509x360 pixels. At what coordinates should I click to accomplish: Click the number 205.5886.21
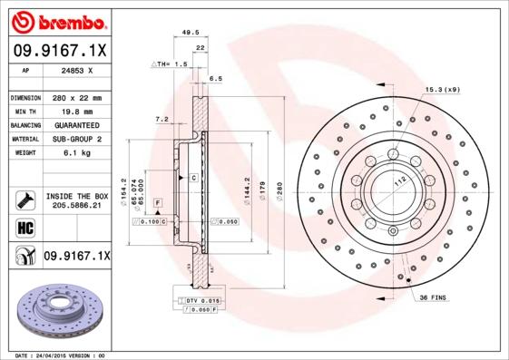pos(75,206)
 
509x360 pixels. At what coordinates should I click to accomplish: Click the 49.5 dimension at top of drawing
pos(191,32)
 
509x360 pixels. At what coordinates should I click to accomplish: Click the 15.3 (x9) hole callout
pos(443,90)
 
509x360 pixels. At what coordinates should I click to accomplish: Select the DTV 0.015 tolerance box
pos(205,299)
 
